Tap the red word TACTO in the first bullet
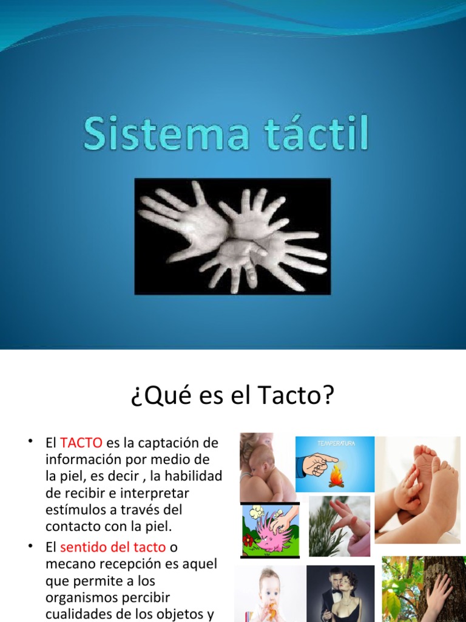click(x=81, y=443)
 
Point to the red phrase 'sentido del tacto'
click(x=112, y=547)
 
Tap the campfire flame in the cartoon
click(x=336, y=478)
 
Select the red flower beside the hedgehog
click(x=247, y=540)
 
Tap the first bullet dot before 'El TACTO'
click(x=30, y=440)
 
